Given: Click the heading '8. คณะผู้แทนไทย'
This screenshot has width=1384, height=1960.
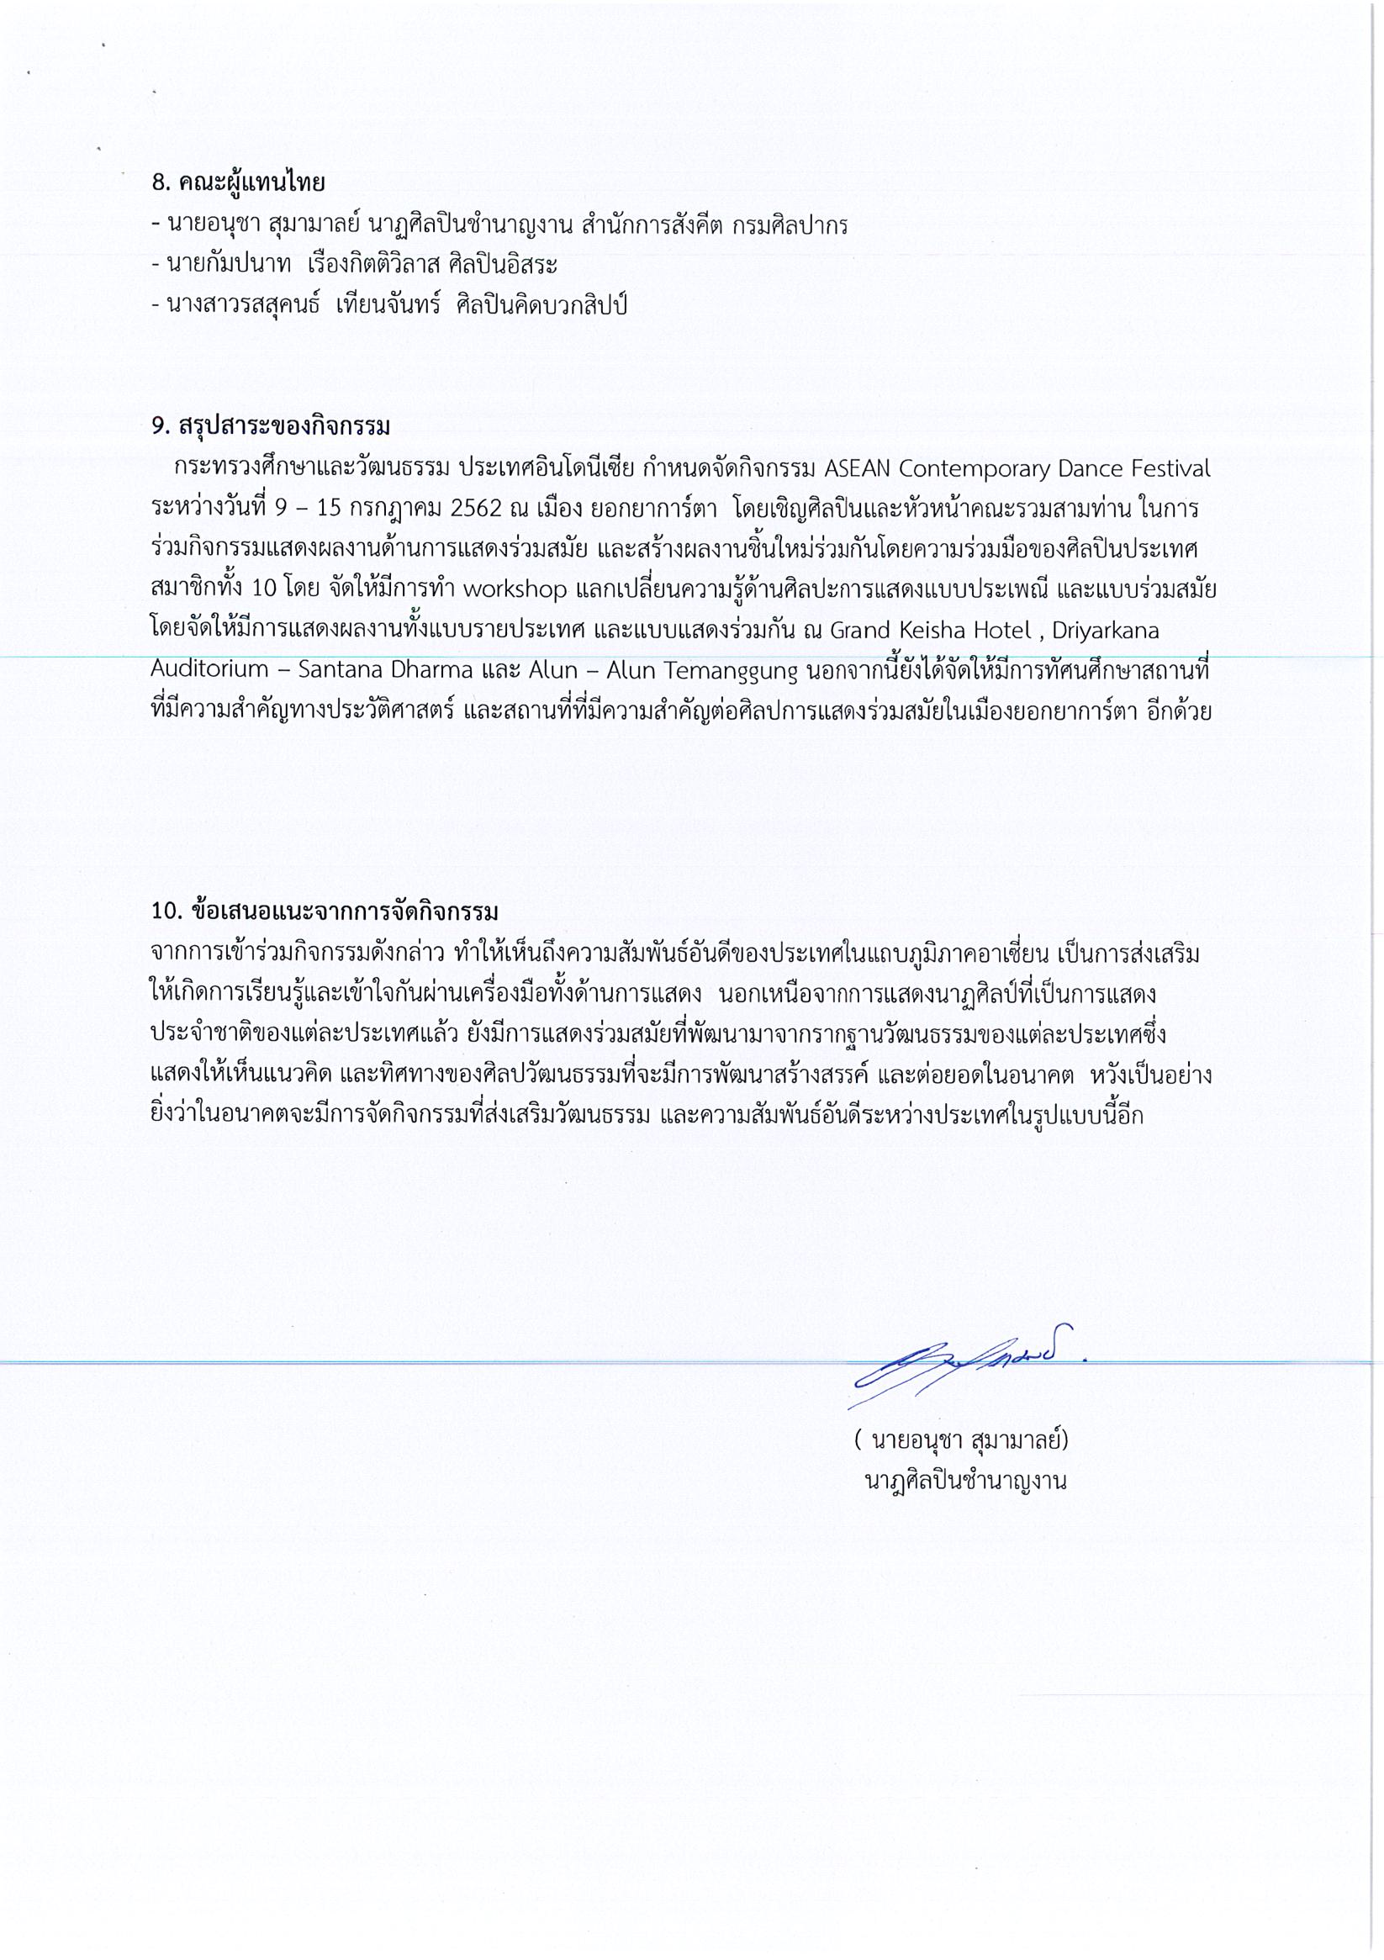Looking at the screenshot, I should [x=238, y=182].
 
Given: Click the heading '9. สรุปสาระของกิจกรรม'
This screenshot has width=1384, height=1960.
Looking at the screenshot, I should [x=270, y=425].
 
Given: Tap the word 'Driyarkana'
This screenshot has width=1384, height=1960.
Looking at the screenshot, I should [x=1106, y=631].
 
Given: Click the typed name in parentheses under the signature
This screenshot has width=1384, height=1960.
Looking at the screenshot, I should [x=960, y=1440].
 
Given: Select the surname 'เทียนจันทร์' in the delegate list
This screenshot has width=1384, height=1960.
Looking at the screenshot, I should [x=388, y=304].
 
